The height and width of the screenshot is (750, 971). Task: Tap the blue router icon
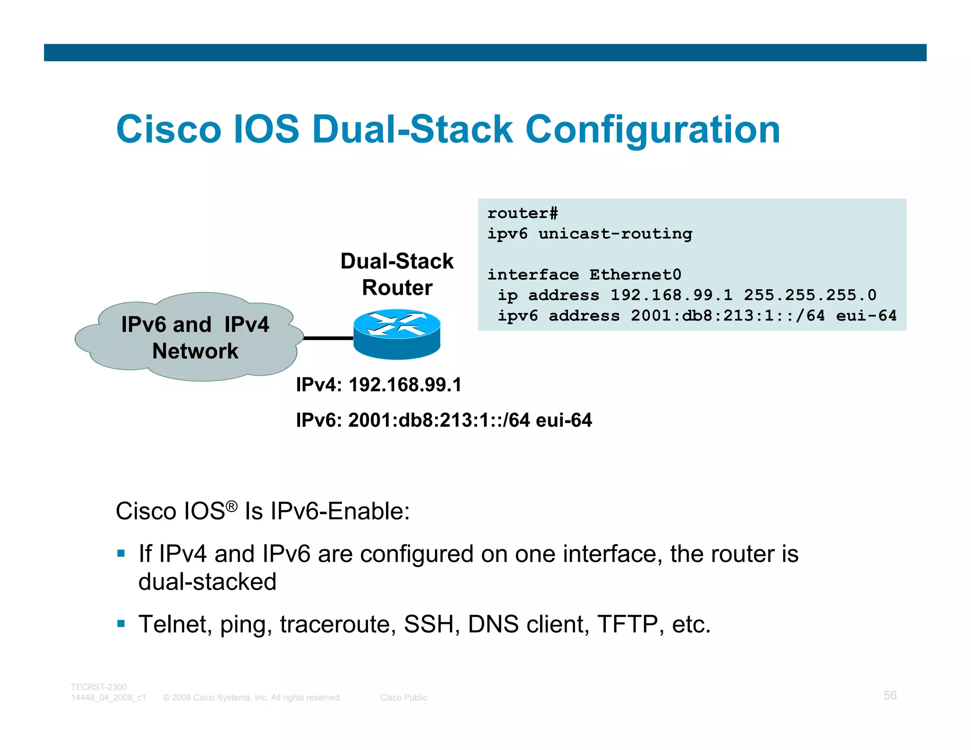point(397,334)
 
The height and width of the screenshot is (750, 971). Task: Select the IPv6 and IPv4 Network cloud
point(190,338)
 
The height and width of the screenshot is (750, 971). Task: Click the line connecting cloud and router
point(328,338)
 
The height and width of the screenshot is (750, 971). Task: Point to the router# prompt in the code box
point(522,213)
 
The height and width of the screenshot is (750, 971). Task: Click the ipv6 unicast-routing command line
point(590,234)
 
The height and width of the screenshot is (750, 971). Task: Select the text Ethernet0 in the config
point(635,274)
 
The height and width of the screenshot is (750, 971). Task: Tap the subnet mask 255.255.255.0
point(810,295)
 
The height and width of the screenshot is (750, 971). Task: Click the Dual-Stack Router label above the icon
point(397,274)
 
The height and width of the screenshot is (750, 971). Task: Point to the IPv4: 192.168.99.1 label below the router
point(378,384)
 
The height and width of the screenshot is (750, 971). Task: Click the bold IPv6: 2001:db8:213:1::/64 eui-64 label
point(444,420)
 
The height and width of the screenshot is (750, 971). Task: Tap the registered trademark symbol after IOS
point(231,506)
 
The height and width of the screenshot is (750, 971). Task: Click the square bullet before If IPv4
point(121,553)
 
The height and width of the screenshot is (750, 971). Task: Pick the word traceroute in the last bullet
point(338,624)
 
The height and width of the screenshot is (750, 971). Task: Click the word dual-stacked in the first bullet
point(207,582)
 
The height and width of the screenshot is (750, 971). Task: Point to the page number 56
point(890,695)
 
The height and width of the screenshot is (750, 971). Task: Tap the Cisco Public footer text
point(403,697)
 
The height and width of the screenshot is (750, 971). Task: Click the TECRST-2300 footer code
point(99,687)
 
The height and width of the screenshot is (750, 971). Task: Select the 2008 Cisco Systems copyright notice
point(252,697)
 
